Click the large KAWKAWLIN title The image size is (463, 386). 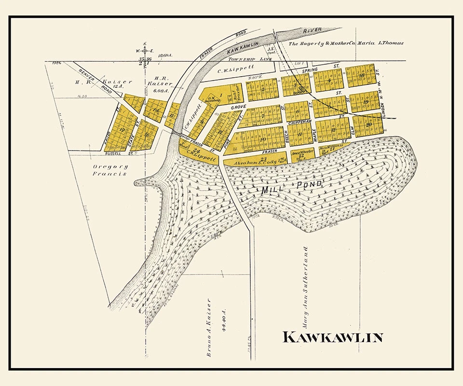332,337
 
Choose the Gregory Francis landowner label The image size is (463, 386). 109,170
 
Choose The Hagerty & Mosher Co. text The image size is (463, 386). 322,43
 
